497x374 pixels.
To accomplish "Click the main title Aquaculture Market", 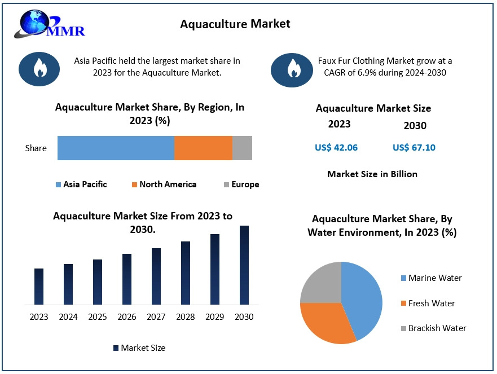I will click(x=235, y=24).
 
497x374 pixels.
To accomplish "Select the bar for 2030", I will click(x=244, y=265).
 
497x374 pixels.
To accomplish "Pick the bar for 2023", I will click(x=39, y=287).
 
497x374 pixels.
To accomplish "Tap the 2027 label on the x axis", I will click(x=156, y=317).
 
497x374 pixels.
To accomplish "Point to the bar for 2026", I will click(x=127, y=279).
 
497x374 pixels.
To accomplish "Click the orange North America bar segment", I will click(x=203, y=148).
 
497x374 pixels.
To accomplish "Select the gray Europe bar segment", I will click(x=242, y=148).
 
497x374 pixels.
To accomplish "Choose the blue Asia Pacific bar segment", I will click(x=116, y=148).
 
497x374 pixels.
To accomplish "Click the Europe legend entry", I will click(x=241, y=184).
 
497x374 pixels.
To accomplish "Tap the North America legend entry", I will click(x=164, y=184).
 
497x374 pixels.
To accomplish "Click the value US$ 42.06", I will click(x=336, y=148).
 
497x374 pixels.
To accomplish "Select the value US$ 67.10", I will click(x=414, y=148).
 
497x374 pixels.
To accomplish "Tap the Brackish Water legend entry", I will click(x=433, y=328).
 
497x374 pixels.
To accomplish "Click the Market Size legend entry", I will click(x=139, y=348).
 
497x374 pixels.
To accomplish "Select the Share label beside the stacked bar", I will click(x=36, y=148).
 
